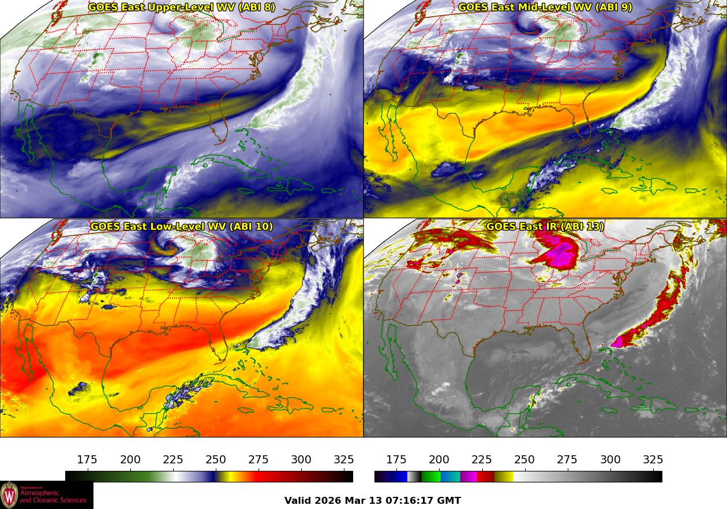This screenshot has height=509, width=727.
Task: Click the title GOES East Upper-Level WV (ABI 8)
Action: coord(182,8)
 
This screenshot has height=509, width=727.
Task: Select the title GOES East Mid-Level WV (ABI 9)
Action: coord(545,8)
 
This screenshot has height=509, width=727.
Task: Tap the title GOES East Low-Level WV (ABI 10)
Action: coord(182,226)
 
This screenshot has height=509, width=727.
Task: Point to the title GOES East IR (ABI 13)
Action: coord(545,226)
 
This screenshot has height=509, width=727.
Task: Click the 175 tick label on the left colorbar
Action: coord(87,460)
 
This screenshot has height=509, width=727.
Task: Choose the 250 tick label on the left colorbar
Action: coord(216,460)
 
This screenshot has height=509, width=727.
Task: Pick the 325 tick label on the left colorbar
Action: coord(344,460)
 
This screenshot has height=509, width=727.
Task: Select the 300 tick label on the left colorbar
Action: coord(301,460)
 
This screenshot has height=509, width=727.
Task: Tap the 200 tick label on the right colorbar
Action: coord(439,460)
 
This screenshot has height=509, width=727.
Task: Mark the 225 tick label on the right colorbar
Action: coord(482,460)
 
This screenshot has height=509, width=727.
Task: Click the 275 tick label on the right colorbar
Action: coord(567,460)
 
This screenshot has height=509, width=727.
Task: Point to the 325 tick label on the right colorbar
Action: coord(653,460)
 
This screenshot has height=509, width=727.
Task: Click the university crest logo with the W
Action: coord(9,495)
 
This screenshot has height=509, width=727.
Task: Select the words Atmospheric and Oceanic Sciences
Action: coord(53,496)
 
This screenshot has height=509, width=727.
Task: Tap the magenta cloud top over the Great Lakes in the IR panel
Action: coord(558,254)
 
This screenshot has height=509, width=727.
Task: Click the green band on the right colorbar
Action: coord(430,477)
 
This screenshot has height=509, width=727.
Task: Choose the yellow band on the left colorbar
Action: coord(225,477)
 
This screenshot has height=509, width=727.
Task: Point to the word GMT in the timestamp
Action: coord(449,501)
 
